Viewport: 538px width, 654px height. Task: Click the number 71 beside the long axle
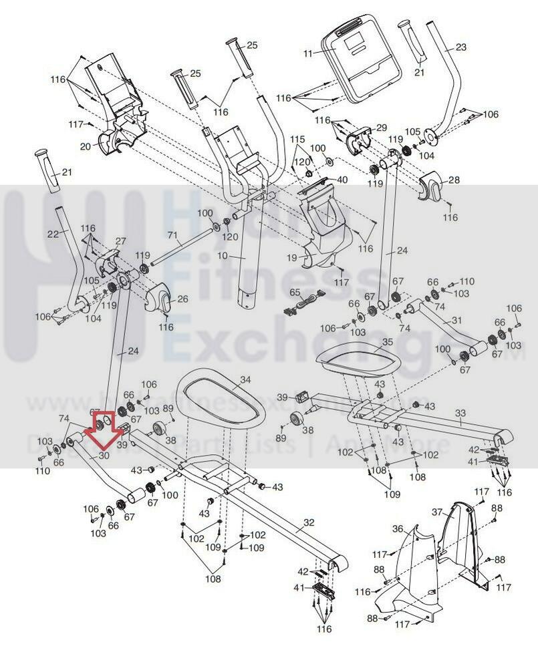tap(173, 236)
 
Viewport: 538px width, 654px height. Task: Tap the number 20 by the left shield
tap(86, 146)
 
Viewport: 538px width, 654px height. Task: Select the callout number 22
tap(53, 232)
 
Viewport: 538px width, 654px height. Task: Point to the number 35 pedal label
tap(388, 341)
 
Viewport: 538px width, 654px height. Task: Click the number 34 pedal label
tap(245, 379)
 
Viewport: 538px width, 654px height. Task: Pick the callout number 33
tap(460, 414)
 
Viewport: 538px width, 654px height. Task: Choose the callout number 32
tap(308, 522)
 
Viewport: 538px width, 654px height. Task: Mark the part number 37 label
tap(437, 512)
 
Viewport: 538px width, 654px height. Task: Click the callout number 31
tap(456, 321)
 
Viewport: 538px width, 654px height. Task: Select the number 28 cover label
tap(454, 180)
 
